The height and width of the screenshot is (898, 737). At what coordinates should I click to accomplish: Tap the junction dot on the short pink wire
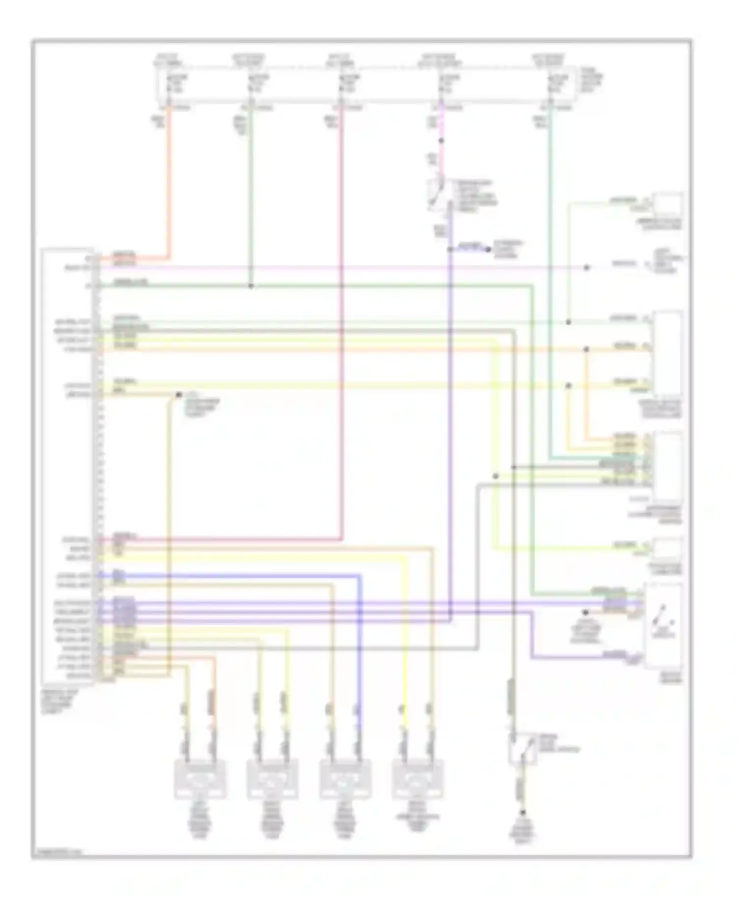pyautogui.click(x=441, y=141)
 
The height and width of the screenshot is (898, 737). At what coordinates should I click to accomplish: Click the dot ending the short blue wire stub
pyautogui.click(x=488, y=250)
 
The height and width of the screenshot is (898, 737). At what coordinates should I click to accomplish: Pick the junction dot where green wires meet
pyautogui.click(x=251, y=286)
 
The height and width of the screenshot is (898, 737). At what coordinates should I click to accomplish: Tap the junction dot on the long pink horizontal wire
pyautogui.click(x=586, y=268)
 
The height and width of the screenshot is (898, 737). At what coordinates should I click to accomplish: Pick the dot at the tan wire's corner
pyautogui.click(x=179, y=395)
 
